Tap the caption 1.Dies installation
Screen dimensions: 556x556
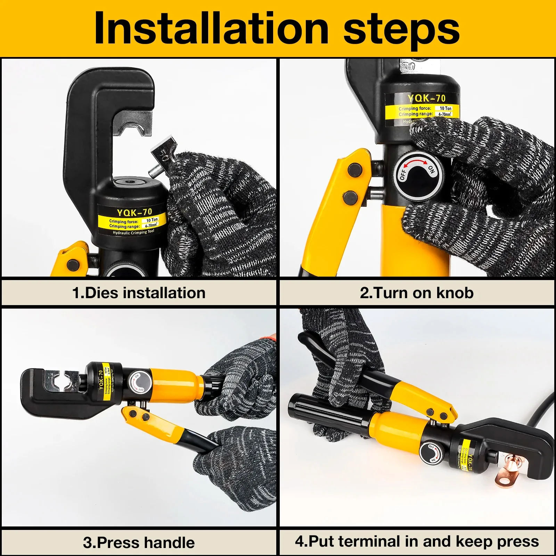pos(139,293)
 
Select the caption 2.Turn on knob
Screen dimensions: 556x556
pos(417,293)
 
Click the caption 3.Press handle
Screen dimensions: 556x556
pos(139,542)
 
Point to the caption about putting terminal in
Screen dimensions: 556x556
pos(417,541)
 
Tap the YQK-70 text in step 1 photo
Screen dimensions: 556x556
pos(134,212)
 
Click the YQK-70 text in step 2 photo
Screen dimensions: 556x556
pos(426,98)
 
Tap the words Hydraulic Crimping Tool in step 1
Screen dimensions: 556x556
pos(133,232)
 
